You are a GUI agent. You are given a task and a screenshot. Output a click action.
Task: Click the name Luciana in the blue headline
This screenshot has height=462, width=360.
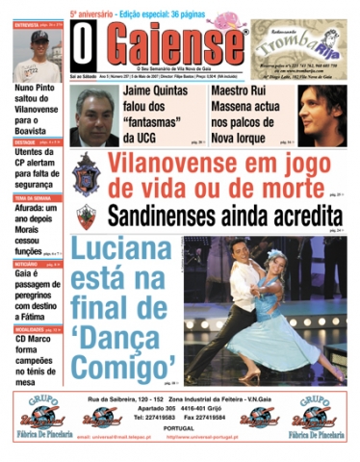pos(131,254)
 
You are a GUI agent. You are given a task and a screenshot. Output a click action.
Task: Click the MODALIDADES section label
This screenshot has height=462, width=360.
pos(30,330)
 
